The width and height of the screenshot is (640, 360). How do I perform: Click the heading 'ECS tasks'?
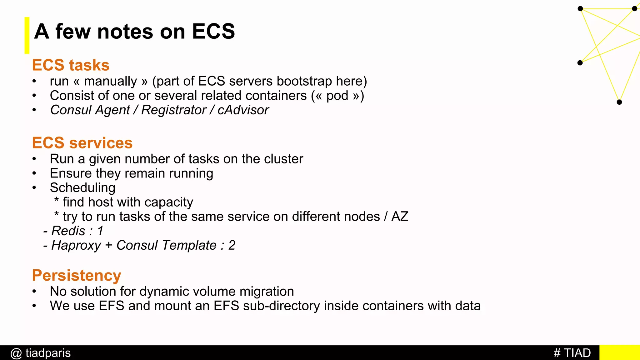click(71, 65)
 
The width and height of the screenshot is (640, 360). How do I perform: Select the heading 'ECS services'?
click(82, 143)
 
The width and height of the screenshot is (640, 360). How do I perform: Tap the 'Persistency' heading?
click(77, 275)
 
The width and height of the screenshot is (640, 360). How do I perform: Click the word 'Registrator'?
click(174, 110)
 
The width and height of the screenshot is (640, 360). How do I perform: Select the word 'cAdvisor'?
click(243, 110)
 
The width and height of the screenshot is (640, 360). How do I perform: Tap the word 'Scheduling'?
click(82, 188)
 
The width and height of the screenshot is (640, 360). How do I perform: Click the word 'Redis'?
click(68, 231)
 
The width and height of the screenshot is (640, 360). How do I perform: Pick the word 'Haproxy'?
click(76, 246)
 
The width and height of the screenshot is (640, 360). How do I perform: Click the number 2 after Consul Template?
click(232, 245)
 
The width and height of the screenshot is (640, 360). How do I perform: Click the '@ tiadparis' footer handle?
click(41, 353)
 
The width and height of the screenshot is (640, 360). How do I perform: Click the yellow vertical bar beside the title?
click(27, 35)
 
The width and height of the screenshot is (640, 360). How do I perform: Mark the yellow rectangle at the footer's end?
click(619, 352)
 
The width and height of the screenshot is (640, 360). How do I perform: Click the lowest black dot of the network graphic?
click(619, 102)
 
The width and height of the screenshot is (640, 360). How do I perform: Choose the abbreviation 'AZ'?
click(400, 217)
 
